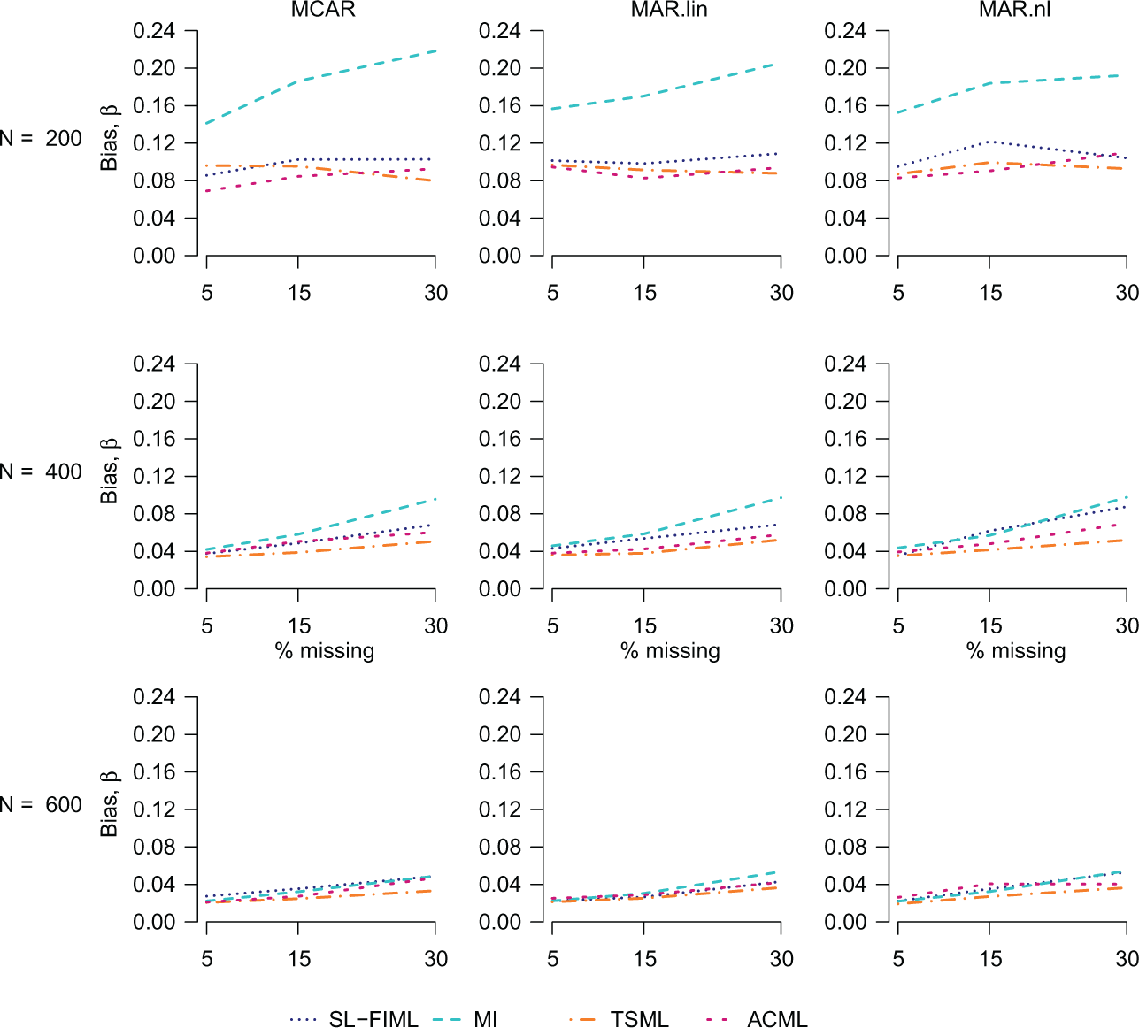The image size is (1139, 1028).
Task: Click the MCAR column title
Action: (323, 10)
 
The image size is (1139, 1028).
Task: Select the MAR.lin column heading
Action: (669, 10)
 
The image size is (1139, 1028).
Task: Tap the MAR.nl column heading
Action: (1014, 10)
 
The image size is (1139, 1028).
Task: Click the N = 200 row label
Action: (41, 139)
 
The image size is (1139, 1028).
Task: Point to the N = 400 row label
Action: (41, 472)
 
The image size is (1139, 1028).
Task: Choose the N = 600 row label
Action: (41, 805)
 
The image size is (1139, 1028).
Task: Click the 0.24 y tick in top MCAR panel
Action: (154, 31)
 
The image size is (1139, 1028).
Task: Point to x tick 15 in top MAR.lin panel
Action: (644, 293)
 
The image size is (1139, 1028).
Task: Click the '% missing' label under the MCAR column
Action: (325, 651)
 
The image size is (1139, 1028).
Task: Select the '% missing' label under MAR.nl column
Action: (1016, 651)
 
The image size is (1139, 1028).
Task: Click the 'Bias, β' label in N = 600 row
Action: (109, 805)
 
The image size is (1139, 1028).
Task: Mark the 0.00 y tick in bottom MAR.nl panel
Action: (845, 923)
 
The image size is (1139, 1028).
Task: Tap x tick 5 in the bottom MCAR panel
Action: (207, 959)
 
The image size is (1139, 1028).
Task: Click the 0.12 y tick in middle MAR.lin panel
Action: (500, 476)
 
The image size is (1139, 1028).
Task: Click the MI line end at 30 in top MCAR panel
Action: (435, 50)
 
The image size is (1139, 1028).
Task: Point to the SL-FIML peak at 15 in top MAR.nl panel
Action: (989, 142)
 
